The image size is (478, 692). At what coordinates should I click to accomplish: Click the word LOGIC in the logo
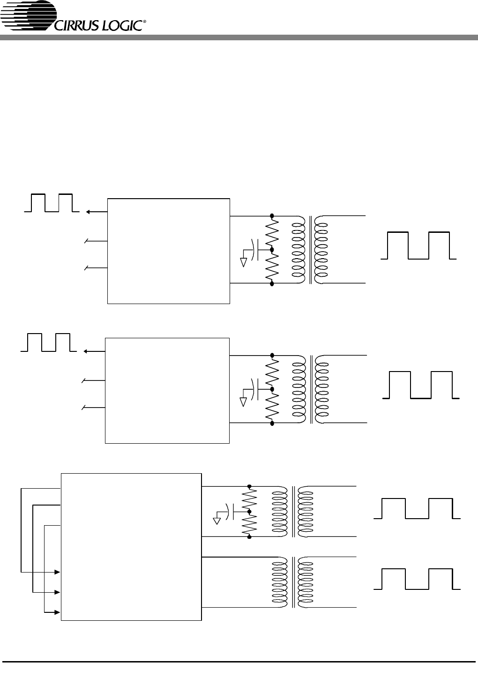tap(122, 26)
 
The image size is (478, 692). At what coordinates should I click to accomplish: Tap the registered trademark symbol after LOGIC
tap(144, 22)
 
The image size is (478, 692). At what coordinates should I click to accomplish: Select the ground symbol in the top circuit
tap(244, 262)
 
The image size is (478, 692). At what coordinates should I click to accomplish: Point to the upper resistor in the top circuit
tap(272, 233)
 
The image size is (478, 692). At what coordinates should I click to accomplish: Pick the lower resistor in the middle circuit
tap(272, 406)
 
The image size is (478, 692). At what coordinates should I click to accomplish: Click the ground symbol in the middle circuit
tap(244, 402)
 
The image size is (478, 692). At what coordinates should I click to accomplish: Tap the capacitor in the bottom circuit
tap(230, 512)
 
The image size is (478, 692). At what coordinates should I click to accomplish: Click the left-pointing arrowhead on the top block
tap(88, 212)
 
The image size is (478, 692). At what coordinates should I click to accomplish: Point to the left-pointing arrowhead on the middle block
tap(86, 351)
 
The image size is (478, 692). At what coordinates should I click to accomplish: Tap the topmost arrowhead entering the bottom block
tap(57, 572)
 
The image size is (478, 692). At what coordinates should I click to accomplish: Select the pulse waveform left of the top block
tap(52, 203)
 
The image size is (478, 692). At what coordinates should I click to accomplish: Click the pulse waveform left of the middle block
tap(49, 342)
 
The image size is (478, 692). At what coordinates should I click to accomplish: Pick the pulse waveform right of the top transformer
tap(418, 246)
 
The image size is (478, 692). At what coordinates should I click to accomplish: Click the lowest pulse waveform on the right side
tap(417, 579)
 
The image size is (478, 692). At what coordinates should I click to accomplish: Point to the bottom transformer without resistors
tap(292, 582)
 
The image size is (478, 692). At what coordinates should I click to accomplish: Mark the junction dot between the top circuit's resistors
tap(272, 249)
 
